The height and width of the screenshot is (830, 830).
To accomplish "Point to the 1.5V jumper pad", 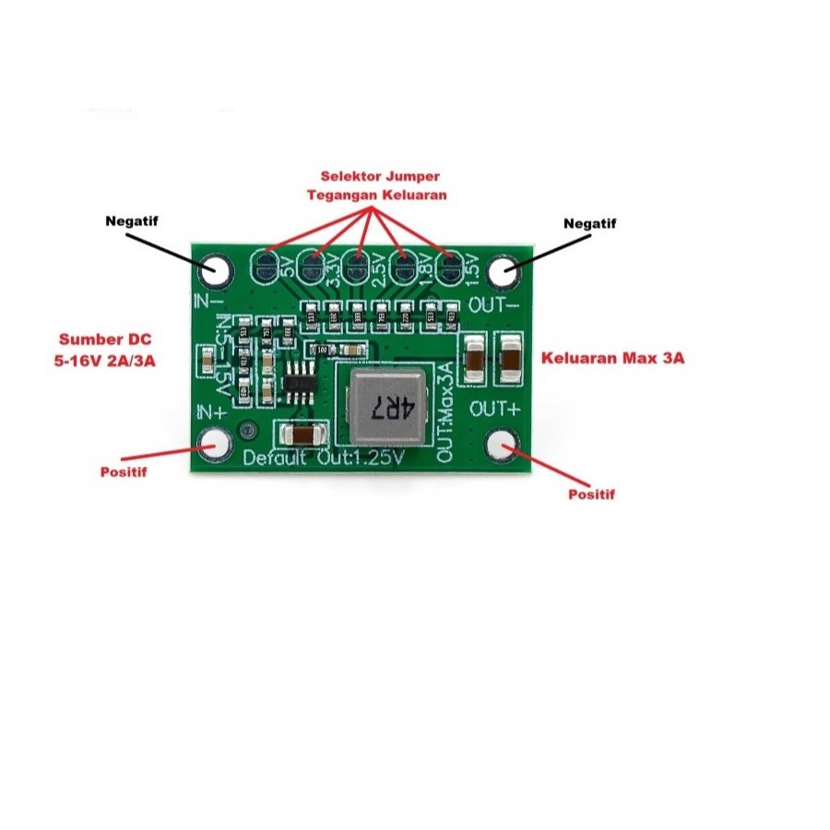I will coord(450,268).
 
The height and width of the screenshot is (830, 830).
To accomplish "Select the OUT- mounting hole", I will coord(503,271).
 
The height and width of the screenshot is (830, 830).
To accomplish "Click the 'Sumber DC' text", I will coord(103,338).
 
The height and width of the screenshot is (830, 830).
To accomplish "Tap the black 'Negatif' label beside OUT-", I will coord(590,223).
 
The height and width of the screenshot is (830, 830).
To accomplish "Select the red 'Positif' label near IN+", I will coord(125,472).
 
